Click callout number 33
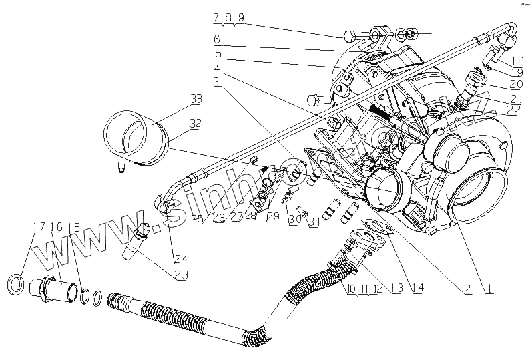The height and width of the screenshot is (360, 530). (x=195, y=100)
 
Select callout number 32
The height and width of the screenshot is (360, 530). (x=195, y=124)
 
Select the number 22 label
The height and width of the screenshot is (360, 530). (x=513, y=110)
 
